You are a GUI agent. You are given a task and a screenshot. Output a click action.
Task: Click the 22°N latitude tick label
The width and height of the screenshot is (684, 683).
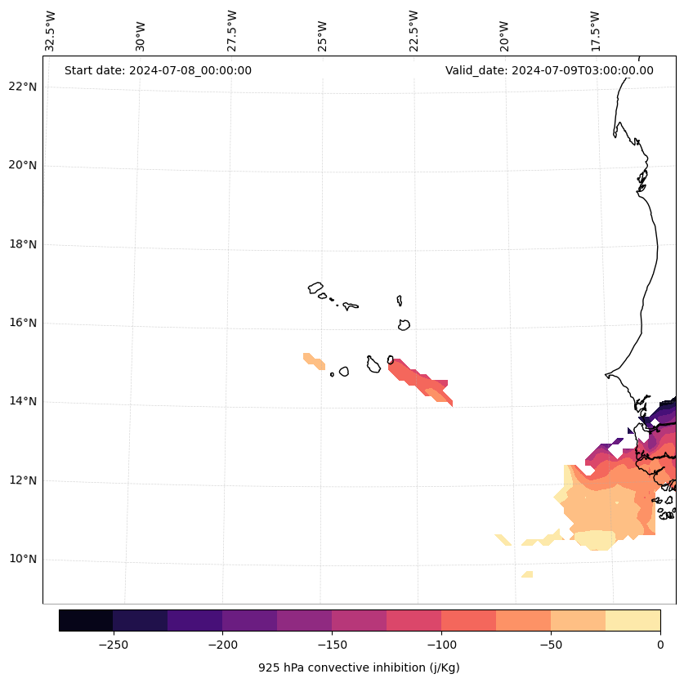pyautogui.click(x=23, y=87)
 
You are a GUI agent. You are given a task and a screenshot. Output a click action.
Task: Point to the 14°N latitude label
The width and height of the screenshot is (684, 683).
pyautogui.click(x=23, y=401)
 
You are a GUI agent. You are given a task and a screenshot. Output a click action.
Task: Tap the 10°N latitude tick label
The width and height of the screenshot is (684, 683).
pyautogui.click(x=23, y=559)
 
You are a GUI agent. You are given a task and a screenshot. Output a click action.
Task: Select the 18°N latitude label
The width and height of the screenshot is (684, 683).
pyautogui.click(x=23, y=244)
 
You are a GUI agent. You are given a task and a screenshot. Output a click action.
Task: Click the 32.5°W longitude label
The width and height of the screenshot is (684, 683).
pyautogui.click(x=51, y=31)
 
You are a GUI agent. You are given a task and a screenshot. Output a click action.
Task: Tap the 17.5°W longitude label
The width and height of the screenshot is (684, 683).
pyautogui.click(x=595, y=31)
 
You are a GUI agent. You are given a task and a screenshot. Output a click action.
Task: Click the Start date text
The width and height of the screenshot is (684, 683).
pyautogui.click(x=158, y=70)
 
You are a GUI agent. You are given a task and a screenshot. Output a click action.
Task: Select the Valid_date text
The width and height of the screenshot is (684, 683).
pyautogui.click(x=549, y=70)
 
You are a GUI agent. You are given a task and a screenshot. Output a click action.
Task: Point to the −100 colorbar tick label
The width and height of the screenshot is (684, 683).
pyautogui.click(x=441, y=645)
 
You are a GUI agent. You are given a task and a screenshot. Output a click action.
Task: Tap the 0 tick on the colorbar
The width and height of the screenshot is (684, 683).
pyautogui.click(x=660, y=645)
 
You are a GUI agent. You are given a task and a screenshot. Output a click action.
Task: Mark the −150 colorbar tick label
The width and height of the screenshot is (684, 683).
pyautogui.click(x=332, y=645)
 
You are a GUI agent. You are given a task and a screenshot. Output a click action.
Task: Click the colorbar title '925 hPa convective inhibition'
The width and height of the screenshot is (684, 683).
pyautogui.click(x=359, y=667)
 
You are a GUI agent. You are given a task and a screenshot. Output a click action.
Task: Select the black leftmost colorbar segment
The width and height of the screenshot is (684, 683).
pyautogui.click(x=86, y=620)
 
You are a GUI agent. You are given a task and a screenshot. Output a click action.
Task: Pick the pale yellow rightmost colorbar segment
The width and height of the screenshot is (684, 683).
pyautogui.click(x=633, y=620)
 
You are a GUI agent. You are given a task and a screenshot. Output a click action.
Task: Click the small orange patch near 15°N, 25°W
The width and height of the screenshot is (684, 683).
pyautogui.click(x=314, y=360)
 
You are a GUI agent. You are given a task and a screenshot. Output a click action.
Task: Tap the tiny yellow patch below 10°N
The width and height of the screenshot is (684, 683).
pyautogui.click(x=527, y=574)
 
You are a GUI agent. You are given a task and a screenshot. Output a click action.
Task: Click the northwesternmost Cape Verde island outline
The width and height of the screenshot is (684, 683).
pyautogui.click(x=315, y=288)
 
